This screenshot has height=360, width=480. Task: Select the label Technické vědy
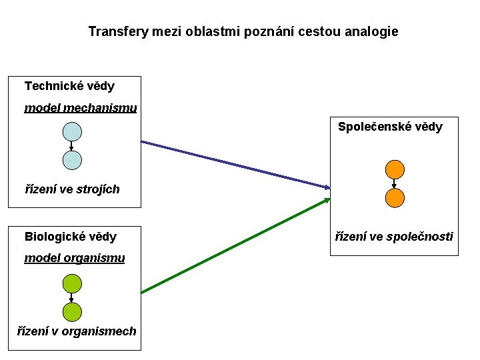tap(69, 86)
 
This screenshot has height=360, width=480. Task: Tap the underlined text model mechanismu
tap(81, 108)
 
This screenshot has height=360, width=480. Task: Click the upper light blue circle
tap(72, 131)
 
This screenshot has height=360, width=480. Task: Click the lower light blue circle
tap(72, 160)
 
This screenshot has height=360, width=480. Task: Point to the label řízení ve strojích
tap(72, 189)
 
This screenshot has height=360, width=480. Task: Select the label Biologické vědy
tap(71, 237)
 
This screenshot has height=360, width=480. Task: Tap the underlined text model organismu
tap(75, 258)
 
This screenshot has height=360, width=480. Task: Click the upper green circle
tap(72, 283)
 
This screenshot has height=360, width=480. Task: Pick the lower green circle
tap(72, 311)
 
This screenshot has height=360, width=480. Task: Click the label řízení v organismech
tap(77, 331)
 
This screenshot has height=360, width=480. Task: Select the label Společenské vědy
tap(390, 127)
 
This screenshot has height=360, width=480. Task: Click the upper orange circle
tap(395, 169)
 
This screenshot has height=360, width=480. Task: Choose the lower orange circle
tap(395, 197)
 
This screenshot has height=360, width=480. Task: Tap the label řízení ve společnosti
tap(394, 237)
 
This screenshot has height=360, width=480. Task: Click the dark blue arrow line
tap(233, 164)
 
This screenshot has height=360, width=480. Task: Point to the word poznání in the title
tap(283, 31)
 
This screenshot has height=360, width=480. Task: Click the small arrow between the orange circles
tap(395, 183)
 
